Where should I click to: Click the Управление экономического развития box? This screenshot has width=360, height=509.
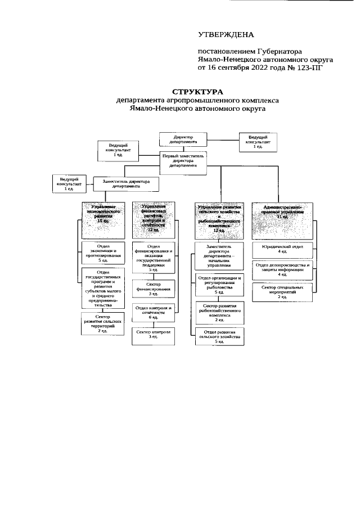pos(103,217)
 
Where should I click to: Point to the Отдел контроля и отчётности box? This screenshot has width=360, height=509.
pos(153,313)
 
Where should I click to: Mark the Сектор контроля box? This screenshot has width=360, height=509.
pos(153,334)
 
